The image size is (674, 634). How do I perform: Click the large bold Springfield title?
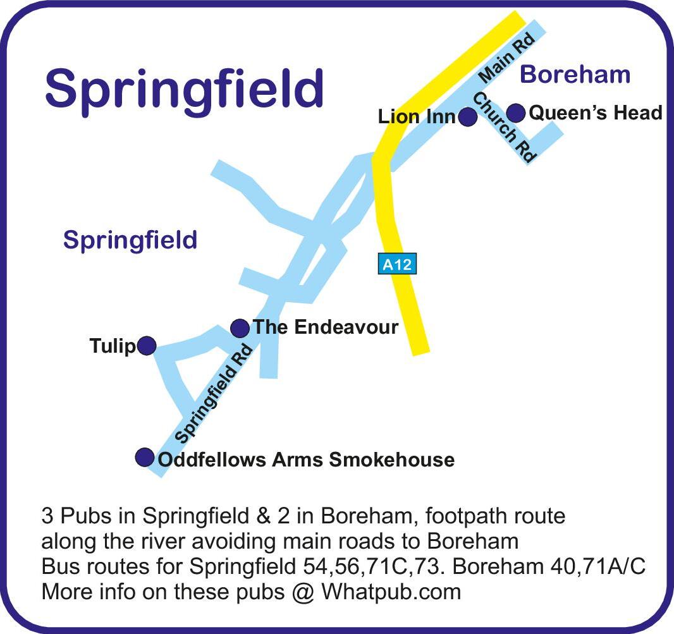pos(184,88)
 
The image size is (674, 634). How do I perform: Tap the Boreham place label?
pos(575,75)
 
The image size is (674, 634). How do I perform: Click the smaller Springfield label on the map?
pos(130,240)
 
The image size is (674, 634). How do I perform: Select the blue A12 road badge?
pos(398,264)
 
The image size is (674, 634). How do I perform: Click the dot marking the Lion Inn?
pos(467,117)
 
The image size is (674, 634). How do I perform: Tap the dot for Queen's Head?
pos(517,113)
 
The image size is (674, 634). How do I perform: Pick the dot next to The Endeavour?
pos(240,328)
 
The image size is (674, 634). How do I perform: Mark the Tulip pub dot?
pos(147,346)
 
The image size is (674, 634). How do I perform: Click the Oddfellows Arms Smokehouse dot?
pos(145,456)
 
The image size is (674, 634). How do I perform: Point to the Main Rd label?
pos(507,58)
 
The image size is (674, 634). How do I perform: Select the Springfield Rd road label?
pos(214,394)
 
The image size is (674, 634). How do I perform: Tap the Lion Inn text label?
pos(417,117)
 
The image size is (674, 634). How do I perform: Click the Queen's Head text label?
pos(595,113)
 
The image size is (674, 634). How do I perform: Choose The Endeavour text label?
pos(326,327)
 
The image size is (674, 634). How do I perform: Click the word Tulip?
pos(113,346)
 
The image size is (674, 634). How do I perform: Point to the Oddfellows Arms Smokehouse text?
pos(306,460)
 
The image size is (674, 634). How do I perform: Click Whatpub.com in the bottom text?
pos(391,592)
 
